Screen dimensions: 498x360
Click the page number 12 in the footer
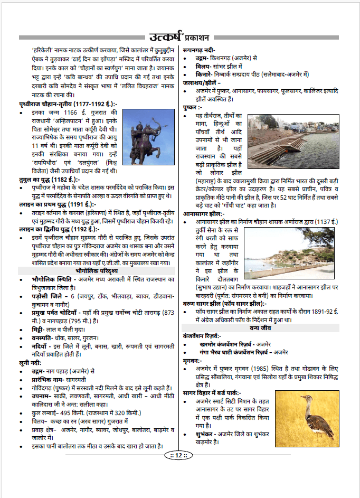(179, 455)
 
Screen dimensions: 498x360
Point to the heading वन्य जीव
(269, 327)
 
